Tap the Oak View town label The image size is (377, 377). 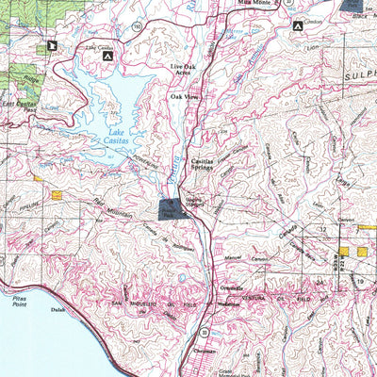[184, 96]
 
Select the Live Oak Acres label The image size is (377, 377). [185, 72]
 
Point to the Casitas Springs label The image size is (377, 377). [207, 165]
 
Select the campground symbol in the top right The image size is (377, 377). [299, 26]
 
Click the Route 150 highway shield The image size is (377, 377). [138, 28]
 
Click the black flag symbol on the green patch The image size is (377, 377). [51, 44]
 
